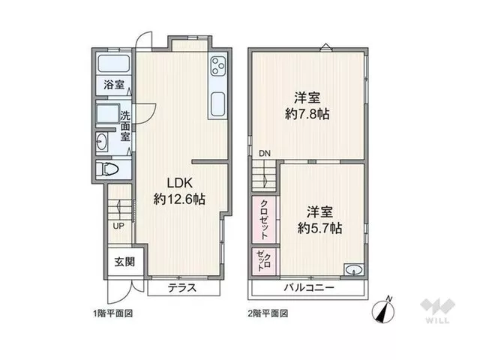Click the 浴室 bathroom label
[x=114, y=85]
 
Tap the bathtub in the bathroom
[x=113, y=64]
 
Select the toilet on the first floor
[x=107, y=169]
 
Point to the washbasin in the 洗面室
[x=101, y=142]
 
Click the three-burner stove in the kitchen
[x=218, y=66]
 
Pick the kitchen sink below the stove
[x=218, y=104]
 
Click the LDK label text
[x=180, y=183]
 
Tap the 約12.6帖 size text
[x=179, y=199]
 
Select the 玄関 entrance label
[x=124, y=262]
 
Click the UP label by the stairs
[x=118, y=226]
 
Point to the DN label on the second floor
[x=265, y=154]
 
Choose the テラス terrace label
[x=182, y=288]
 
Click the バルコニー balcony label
[x=309, y=288]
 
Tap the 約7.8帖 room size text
[x=307, y=114]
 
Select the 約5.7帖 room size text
[x=320, y=228]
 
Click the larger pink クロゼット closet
[x=264, y=220]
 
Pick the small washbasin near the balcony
[x=354, y=270]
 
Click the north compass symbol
[x=383, y=310]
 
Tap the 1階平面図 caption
[x=113, y=313]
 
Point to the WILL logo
[x=437, y=310]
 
